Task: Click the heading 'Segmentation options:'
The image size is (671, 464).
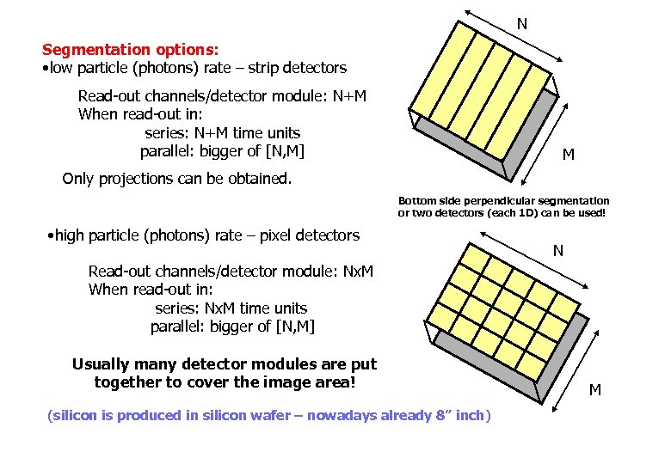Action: (x=130, y=50)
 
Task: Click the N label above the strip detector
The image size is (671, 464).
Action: (x=521, y=24)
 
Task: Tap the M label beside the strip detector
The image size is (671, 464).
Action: (x=569, y=155)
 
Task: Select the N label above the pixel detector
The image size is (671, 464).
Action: (x=558, y=251)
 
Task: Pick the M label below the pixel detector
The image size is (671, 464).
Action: (x=594, y=390)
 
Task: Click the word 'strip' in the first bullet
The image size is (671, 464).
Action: (x=268, y=67)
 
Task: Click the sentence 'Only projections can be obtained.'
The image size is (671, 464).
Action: (x=177, y=179)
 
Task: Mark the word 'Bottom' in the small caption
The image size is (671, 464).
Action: (x=416, y=200)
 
